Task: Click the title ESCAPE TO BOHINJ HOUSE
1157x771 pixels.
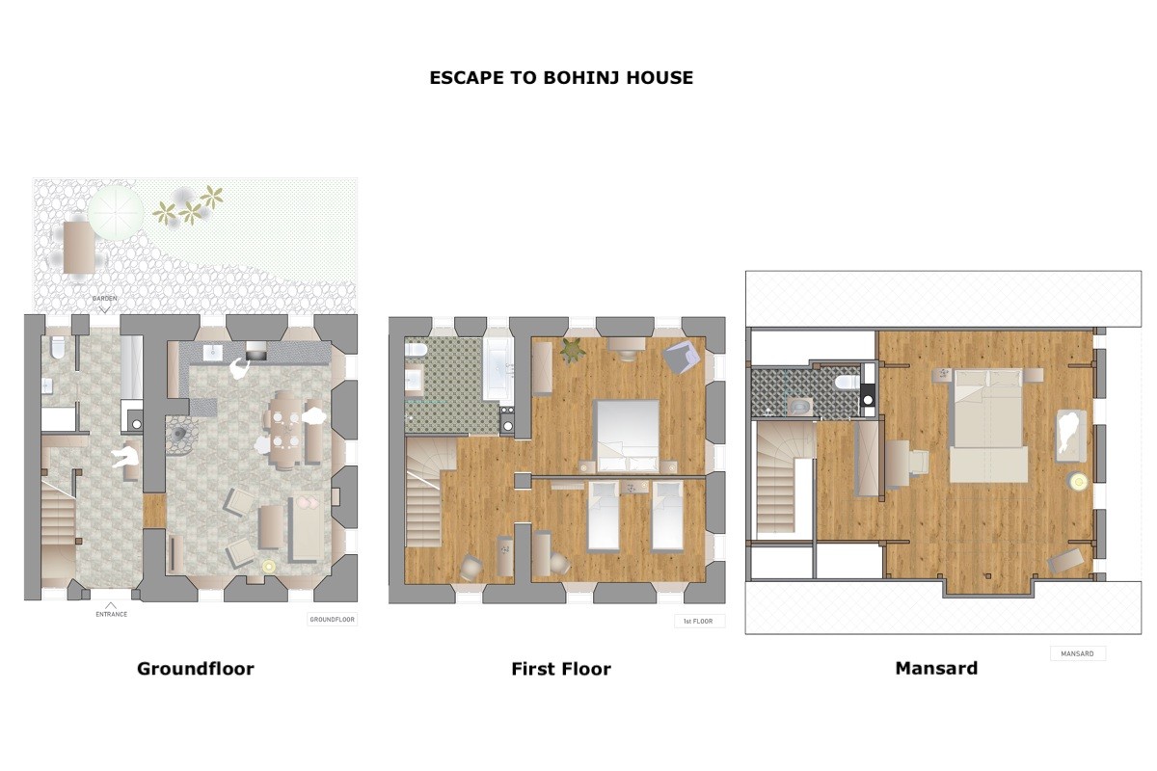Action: [561, 77]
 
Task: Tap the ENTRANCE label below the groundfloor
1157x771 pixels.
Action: [111, 614]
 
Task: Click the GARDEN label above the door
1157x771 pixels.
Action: [104, 299]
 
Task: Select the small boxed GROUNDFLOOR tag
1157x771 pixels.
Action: [332, 619]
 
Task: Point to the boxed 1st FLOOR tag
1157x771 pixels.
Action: [699, 622]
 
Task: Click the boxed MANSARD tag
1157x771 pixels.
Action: [1078, 653]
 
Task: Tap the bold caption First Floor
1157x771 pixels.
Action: [561, 669]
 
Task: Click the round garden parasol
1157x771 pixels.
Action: [115, 213]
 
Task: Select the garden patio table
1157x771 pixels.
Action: [79, 248]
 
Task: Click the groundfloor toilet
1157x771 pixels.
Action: [58, 348]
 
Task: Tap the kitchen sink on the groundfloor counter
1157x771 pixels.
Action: [213, 353]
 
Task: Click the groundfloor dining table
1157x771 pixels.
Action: [286, 431]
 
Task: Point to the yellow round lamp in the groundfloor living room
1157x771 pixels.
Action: [269, 567]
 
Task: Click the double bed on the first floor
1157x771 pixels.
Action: [628, 437]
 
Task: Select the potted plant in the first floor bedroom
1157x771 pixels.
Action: [573, 351]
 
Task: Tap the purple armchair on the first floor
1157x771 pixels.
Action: [682, 358]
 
